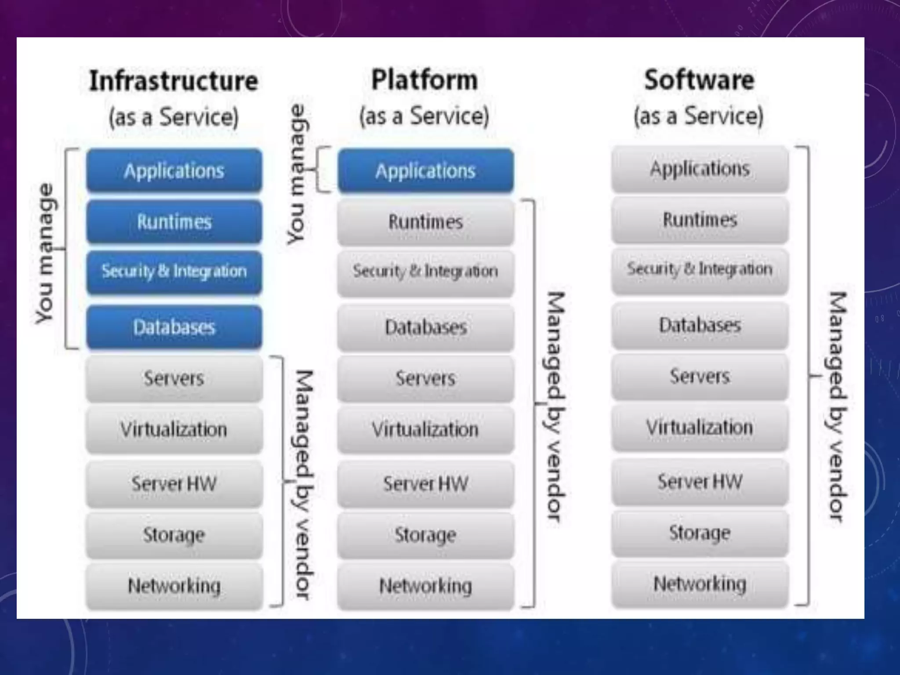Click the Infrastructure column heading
tap(174, 81)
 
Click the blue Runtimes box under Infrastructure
tap(174, 221)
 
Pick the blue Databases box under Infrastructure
tap(174, 327)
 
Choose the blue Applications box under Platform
tap(425, 171)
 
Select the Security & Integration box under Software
tap(700, 269)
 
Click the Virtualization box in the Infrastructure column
tap(174, 429)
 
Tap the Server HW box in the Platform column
tap(425, 484)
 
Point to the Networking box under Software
tap(700, 584)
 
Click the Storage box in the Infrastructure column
tap(174, 535)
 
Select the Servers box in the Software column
tap(700, 376)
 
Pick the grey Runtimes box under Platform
tap(425, 221)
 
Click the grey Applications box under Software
tap(700, 169)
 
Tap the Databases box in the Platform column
tap(425, 327)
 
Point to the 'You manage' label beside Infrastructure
tap(45, 254)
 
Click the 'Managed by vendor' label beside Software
tap(837, 406)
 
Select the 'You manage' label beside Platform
tap(297, 174)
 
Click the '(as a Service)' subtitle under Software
tap(698, 116)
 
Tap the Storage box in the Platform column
tap(425, 535)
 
